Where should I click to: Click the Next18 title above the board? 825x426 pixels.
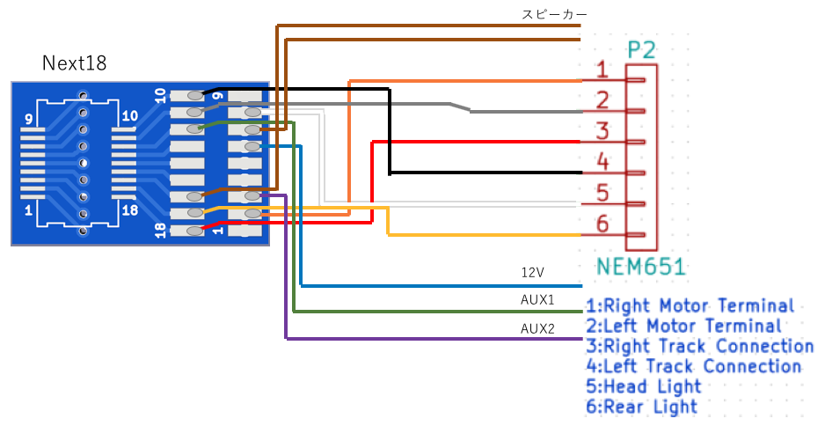(x=74, y=63)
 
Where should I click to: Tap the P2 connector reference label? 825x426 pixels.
(x=642, y=50)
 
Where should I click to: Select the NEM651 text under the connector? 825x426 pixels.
(x=641, y=267)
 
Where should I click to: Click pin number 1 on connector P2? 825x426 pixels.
(x=602, y=70)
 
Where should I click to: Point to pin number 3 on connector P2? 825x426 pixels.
(x=602, y=131)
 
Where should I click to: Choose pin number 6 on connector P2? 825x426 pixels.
(x=602, y=224)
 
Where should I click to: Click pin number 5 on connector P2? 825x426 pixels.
(x=602, y=194)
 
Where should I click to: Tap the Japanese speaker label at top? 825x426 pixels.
(x=554, y=14)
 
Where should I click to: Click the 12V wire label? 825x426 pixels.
(x=532, y=272)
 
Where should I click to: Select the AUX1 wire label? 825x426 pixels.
(x=537, y=300)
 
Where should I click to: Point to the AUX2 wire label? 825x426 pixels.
(x=537, y=329)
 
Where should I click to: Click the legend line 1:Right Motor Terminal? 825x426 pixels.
(x=690, y=306)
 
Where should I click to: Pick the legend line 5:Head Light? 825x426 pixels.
(x=644, y=386)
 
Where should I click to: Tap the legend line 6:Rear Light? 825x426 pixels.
(x=641, y=407)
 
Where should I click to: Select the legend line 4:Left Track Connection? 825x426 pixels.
(x=693, y=366)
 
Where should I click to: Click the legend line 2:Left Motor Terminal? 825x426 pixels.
(x=683, y=326)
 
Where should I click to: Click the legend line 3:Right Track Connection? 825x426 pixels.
(x=700, y=346)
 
